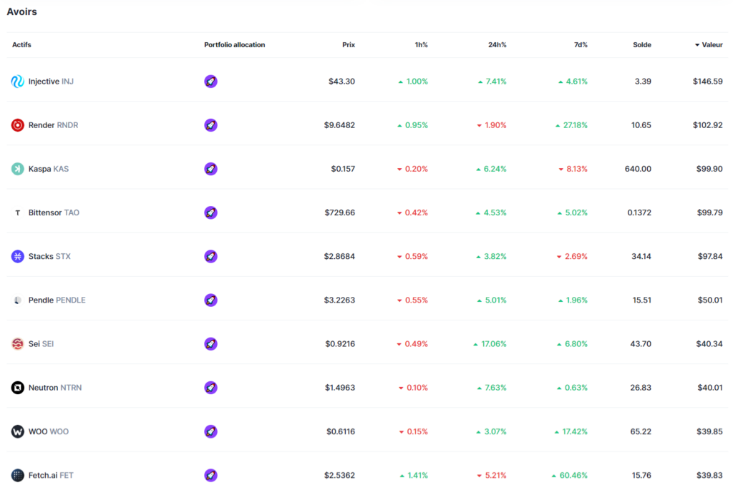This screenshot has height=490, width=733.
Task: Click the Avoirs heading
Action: [x=21, y=11]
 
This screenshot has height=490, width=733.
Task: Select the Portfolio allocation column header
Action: [x=234, y=45]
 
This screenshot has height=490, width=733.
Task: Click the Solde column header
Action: [x=642, y=45]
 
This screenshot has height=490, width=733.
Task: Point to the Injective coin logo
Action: [x=18, y=82]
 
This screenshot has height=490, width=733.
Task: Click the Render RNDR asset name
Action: [x=53, y=125]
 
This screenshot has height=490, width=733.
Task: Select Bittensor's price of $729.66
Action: [x=339, y=212]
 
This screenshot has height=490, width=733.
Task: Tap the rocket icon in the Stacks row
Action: [x=210, y=256]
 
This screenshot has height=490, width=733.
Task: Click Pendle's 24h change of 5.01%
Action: [x=495, y=300]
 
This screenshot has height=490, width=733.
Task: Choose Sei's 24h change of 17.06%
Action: [x=493, y=344]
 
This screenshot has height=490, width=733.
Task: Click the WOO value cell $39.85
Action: [x=709, y=431]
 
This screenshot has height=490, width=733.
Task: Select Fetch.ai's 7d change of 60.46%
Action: [x=573, y=475]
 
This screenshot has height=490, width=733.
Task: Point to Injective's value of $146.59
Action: [x=707, y=82]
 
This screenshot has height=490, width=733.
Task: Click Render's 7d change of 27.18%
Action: [x=575, y=125]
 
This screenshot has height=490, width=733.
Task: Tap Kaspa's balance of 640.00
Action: [x=638, y=169]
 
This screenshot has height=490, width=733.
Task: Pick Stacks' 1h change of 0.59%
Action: [x=416, y=256]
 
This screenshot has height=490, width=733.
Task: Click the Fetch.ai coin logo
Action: [x=18, y=475]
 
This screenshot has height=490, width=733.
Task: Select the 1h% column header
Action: [x=421, y=45]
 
